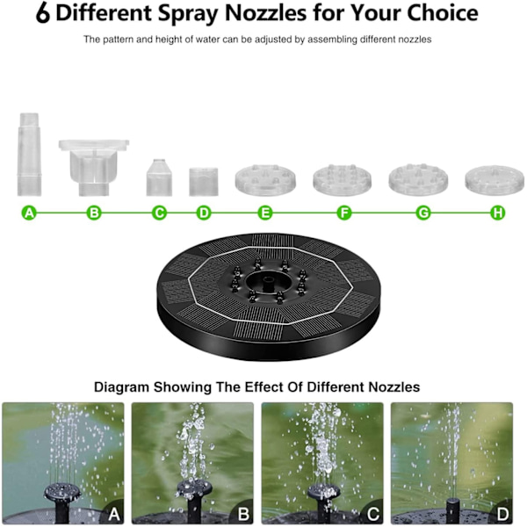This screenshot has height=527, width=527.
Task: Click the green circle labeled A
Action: click(29, 213)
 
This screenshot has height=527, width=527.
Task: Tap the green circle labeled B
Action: click(94, 213)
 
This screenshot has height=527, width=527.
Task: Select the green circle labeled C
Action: click(159, 213)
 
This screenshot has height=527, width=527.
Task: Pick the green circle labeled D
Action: click(204, 213)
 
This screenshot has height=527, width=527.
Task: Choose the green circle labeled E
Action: click(265, 213)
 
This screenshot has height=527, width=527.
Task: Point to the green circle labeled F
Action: click(344, 213)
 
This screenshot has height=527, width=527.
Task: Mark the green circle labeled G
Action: click(423, 213)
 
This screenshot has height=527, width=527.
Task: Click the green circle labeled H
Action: click(498, 213)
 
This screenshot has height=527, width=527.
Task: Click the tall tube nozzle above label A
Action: click(30, 155)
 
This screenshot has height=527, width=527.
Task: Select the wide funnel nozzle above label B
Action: click(94, 168)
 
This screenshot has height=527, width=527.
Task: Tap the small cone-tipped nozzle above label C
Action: click(159, 177)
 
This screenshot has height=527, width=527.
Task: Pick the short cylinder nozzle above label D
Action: click(204, 182)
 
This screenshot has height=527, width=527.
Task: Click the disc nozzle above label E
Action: click(265, 180)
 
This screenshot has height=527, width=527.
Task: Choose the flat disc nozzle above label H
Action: click(495, 180)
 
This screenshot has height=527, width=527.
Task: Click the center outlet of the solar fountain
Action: click(268, 283)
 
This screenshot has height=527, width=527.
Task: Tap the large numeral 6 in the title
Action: click(43, 13)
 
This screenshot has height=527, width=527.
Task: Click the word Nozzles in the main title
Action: click(265, 13)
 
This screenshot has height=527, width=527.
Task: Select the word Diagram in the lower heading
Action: click(121, 387)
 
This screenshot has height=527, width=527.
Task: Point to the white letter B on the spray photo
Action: click(243, 514)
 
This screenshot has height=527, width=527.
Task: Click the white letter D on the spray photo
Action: click(502, 514)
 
